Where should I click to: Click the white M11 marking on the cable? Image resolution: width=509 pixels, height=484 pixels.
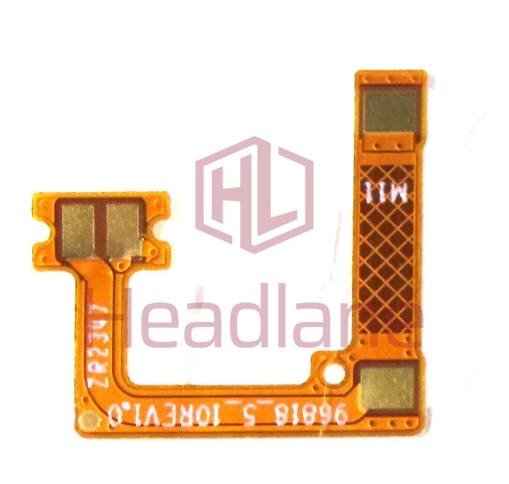pos(387,193)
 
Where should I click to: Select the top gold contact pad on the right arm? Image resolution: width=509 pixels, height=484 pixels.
pos(390,111)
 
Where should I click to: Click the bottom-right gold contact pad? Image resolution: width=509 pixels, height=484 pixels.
pos(388,386)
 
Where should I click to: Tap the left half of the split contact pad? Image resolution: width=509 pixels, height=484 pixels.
pos(78,230)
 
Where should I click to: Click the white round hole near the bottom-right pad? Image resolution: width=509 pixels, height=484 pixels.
pos(333,373)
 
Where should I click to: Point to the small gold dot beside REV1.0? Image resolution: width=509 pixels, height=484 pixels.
pos(89,421)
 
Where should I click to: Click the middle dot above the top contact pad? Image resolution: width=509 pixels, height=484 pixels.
pos(391,77)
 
